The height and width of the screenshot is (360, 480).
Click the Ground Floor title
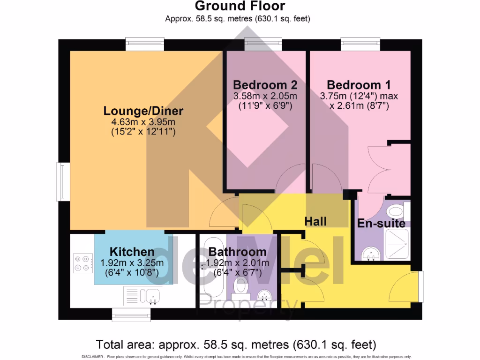point(240,6)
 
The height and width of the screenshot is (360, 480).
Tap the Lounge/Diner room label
point(143,111)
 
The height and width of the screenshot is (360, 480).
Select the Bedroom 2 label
point(265,85)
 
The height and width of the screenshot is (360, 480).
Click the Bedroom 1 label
point(359,85)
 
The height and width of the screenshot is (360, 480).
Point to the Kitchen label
point(132,252)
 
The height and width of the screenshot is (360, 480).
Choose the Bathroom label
point(238,252)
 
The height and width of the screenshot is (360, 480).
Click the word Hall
point(315,221)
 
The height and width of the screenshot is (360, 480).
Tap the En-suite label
point(381,224)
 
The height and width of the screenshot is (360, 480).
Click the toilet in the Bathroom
point(242,285)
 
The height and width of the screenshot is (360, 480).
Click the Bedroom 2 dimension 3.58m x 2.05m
point(265,96)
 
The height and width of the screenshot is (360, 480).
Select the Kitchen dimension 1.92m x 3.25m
point(132,263)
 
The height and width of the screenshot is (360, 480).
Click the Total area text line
point(236,345)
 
